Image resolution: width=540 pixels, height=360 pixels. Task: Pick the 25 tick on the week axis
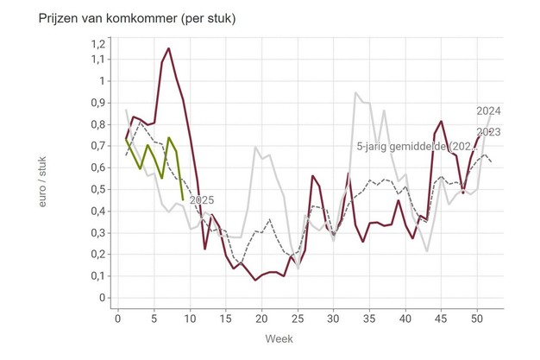point(298,318)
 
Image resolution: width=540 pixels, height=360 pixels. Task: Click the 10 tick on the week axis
point(190,318)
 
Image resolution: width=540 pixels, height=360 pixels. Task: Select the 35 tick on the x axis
point(369,318)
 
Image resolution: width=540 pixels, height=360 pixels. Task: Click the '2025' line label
point(201,200)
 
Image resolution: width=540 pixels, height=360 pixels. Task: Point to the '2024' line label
point(488,111)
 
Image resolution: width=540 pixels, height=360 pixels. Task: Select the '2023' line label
point(489,131)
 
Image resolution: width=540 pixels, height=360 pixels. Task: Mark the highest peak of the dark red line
point(168,48)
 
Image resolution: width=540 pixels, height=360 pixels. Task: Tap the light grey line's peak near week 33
point(355,92)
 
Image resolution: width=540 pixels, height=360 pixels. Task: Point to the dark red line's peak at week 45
point(441,122)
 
